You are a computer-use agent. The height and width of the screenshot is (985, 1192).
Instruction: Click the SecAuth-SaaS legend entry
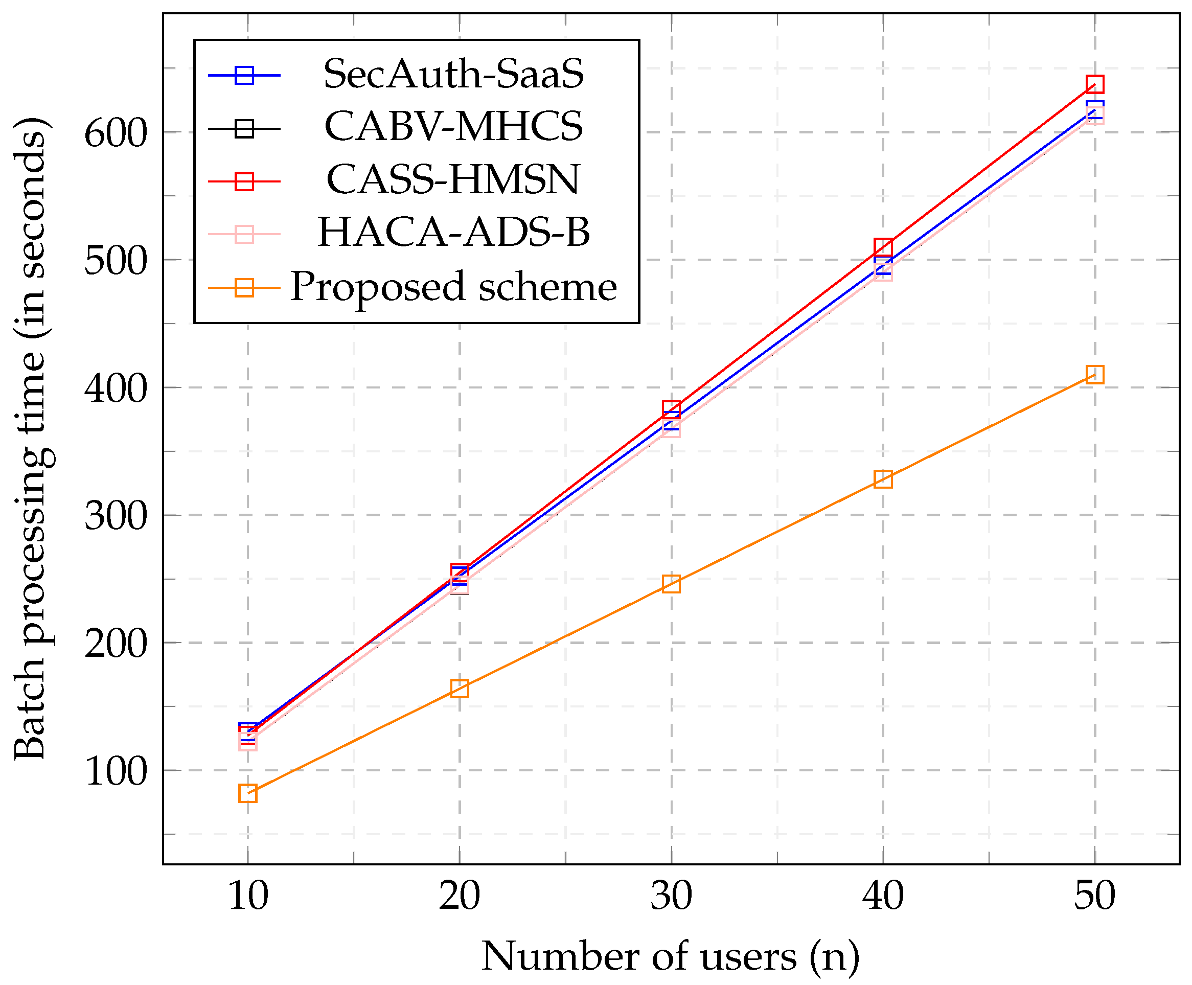(x=453, y=74)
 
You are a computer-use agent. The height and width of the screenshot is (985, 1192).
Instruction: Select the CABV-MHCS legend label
(x=453, y=127)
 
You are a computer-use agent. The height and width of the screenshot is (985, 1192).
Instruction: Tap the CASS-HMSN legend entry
(x=453, y=180)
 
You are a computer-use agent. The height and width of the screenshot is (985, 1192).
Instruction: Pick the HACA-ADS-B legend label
(x=453, y=233)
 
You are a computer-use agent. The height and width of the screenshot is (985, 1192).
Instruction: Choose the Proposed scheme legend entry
(x=453, y=287)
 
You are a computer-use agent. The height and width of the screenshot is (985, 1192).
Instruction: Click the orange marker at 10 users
(x=248, y=793)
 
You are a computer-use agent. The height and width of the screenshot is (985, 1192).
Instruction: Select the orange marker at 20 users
(x=460, y=688)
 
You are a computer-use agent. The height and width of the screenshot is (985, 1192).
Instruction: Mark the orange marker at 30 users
(x=671, y=584)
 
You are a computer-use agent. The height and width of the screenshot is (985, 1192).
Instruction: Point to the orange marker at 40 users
(x=883, y=479)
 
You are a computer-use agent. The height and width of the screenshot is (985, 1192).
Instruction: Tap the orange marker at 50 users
(x=1094, y=375)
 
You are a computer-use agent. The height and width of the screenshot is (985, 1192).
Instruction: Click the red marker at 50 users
(x=1094, y=84)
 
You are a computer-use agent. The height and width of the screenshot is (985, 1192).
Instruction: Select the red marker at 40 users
(x=883, y=247)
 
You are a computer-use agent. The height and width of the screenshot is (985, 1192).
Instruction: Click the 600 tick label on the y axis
(x=116, y=134)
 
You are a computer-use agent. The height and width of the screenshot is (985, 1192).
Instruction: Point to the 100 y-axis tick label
(x=116, y=772)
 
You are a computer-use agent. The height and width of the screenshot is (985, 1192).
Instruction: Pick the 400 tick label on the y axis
(x=116, y=389)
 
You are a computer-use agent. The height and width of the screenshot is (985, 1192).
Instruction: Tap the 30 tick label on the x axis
(x=671, y=897)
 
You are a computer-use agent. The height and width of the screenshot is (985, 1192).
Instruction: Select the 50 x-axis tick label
(x=1094, y=897)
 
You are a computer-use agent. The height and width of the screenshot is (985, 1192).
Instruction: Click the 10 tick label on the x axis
(x=248, y=897)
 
